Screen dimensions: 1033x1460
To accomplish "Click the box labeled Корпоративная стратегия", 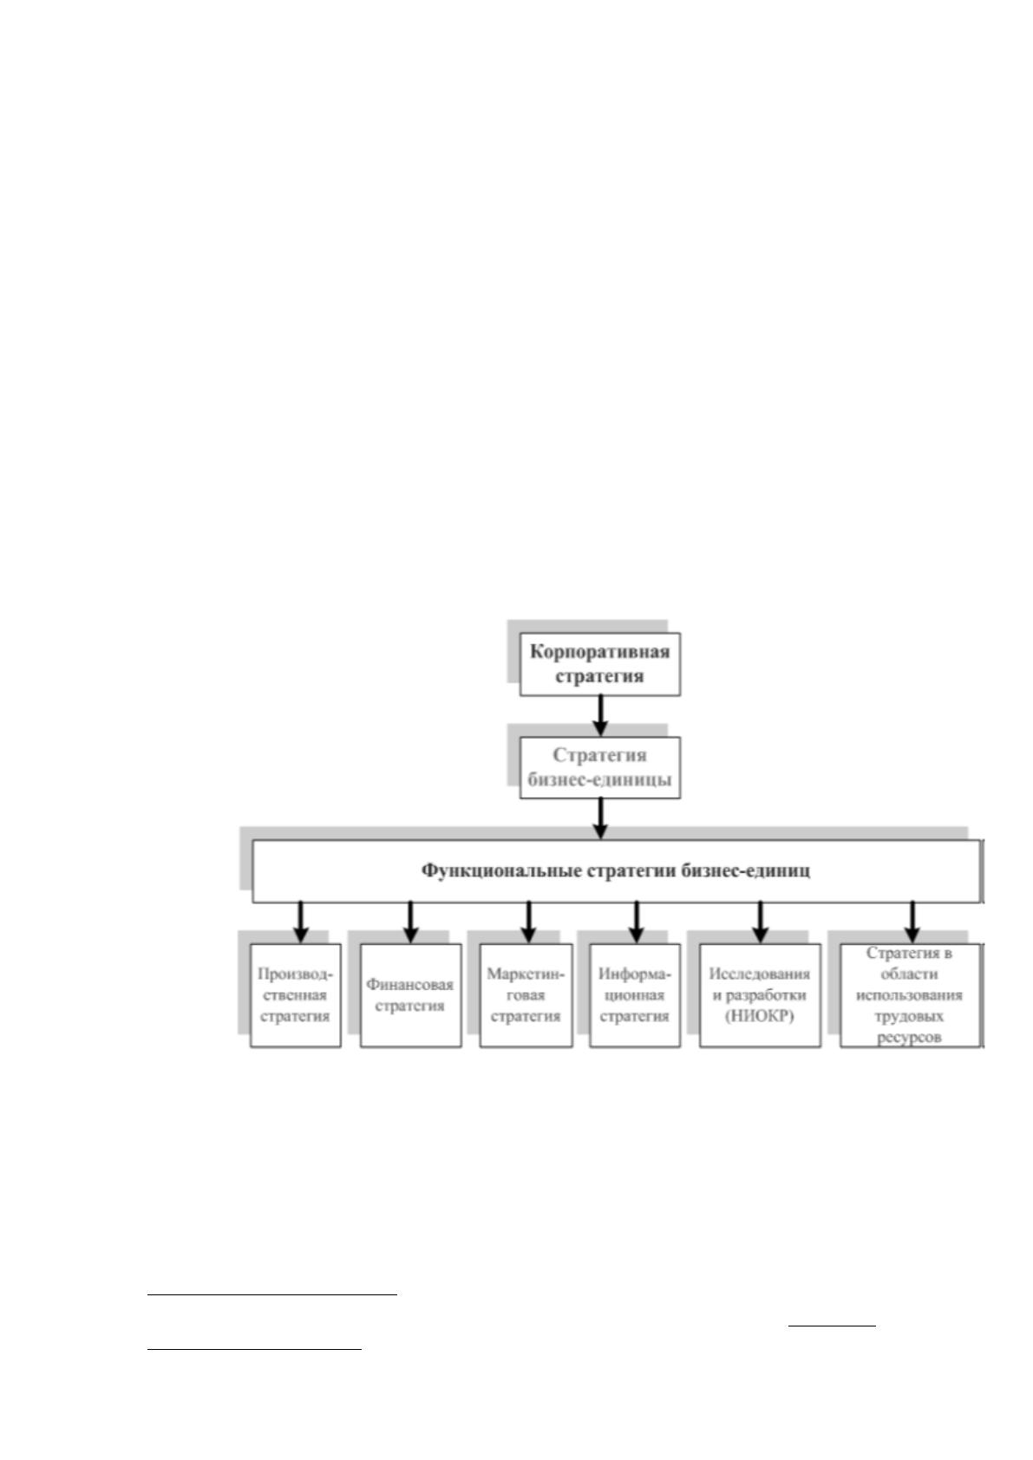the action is (599, 663).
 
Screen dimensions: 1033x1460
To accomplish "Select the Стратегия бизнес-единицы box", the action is (599, 767).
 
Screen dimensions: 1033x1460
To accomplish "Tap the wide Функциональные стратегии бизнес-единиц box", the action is (617, 870).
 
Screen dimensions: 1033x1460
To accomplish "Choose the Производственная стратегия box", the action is (296, 995).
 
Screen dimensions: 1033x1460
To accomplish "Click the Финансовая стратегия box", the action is (411, 995).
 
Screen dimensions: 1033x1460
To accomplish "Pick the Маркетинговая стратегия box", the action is (526, 995).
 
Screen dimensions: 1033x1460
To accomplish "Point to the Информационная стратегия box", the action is (635, 995).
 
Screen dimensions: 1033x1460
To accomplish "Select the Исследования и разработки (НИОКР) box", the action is (760, 995).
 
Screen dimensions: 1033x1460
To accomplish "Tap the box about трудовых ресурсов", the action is (911, 995).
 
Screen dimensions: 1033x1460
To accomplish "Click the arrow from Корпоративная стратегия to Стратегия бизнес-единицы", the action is (600, 715).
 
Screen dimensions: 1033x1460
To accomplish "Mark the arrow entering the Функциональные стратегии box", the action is (600, 818).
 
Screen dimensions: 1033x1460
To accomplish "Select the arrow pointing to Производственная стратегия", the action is (300, 922).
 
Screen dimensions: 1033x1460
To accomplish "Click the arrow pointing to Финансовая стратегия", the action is (410, 922).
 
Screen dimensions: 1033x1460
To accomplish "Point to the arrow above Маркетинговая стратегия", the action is (528, 922).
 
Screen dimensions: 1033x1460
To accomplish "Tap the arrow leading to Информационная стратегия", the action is (637, 922).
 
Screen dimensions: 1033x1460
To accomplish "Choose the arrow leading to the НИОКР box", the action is (760, 922).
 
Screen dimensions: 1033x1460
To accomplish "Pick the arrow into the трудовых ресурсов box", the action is (912, 922).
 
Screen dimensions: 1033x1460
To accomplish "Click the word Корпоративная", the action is (599, 652).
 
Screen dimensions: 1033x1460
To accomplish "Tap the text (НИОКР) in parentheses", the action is (760, 1016).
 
